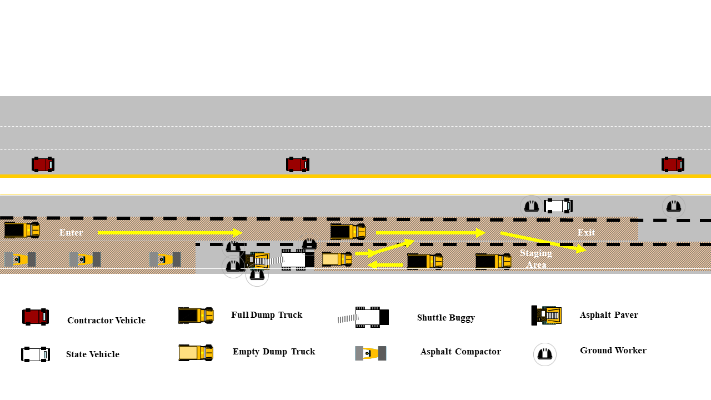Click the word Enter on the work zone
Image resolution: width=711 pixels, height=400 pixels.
(x=71, y=232)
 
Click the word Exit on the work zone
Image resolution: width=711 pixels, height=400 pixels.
(x=586, y=232)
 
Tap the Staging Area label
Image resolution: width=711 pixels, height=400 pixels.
(x=536, y=259)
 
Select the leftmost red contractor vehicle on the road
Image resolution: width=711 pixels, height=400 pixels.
(x=43, y=164)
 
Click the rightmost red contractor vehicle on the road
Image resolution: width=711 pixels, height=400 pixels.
(x=673, y=164)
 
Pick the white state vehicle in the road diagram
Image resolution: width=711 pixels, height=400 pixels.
(x=558, y=206)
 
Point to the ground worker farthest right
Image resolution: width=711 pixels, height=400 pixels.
(x=674, y=207)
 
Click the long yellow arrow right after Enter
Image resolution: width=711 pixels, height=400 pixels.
(x=169, y=232)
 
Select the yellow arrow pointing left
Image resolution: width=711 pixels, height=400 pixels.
(x=385, y=265)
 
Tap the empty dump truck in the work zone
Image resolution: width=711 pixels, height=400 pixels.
(x=337, y=259)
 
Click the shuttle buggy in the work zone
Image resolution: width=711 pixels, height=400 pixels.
(x=294, y=259)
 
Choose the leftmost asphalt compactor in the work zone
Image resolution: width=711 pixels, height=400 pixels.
(x=20, y=259)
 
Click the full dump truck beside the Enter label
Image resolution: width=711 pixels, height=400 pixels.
(x=22, y=229)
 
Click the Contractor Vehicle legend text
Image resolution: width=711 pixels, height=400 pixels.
(x=106, y=321)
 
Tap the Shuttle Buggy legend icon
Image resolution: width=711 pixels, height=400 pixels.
(x=364, y=317)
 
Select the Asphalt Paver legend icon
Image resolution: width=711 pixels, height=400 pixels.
(x=547, y=315)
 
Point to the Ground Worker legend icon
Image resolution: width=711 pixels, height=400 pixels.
(x=545, y=354)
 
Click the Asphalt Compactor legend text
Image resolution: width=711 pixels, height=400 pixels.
(x=460, y=352)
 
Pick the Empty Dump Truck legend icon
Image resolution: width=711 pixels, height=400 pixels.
(x=196, y=353)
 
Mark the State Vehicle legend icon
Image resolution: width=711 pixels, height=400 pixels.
(x=36, y=354)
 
